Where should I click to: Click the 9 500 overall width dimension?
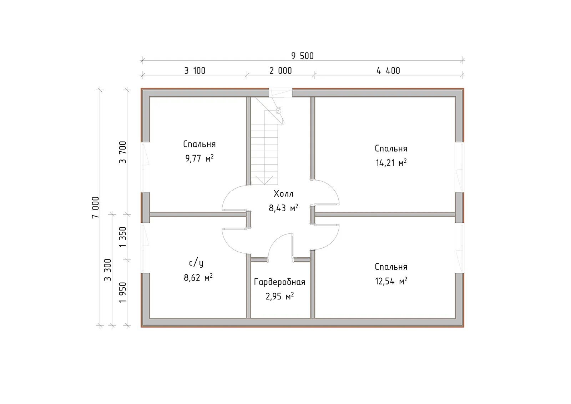tap(302, 56)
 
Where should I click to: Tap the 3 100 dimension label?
tap(195, 71)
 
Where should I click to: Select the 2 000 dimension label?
tap(281, 71)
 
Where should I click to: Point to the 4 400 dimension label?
tap(388, 71)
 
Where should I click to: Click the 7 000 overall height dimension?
tap(96, 207)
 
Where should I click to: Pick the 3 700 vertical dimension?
tap(123, 152)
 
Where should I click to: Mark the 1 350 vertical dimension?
tap(123, 237)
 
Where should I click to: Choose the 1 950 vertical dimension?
tap(123, 292)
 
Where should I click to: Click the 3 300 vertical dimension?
tap(107, 270)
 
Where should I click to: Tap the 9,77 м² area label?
tap(199, 158)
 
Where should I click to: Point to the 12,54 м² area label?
tap(391, 281)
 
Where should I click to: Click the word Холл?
tap(283, 194)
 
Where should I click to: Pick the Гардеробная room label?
tap(280, 282)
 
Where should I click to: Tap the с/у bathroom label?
tap(196, 263)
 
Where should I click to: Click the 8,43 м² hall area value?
tap(283, 208)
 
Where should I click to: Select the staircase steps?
tap(264, 148)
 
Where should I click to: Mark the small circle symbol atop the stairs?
tap(278, 111)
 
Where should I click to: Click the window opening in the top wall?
tap(281, 92)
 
